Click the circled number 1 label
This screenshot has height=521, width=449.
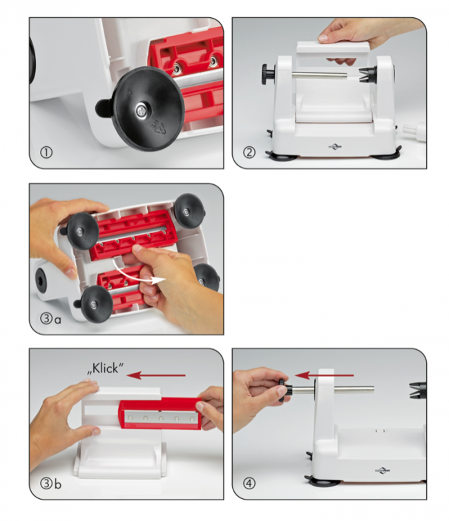(x=46, y=153)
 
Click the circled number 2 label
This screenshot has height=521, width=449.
(x=249, y=153)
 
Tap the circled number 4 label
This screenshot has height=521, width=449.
(x=249, y=483)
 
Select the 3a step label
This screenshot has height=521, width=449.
(x=50, y=319)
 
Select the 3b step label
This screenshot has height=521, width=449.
(x=50, y=484)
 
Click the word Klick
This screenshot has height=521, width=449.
(x=106, y=368)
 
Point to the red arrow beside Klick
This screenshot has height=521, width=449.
(x=156, y=375)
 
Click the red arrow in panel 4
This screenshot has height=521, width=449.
(x=325, y=375)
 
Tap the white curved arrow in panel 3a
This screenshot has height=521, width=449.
(x=139, y=273)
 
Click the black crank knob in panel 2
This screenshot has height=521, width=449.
(x=268, y=74)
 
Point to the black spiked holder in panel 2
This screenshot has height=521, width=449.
(x=368, y=75)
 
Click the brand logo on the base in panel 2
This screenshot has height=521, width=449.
(x=334, y=146)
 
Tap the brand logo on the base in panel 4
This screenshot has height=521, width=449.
(x=383, y=470)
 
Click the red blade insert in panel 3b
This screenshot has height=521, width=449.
(x=160, y=414)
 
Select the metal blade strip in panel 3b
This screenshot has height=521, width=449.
(x=160, y=417)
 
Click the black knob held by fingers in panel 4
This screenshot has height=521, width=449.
(x=285, y=389)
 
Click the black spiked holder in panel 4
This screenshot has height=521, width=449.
(x=418, y=390)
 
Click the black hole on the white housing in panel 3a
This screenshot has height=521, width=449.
(x=42, y=280)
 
